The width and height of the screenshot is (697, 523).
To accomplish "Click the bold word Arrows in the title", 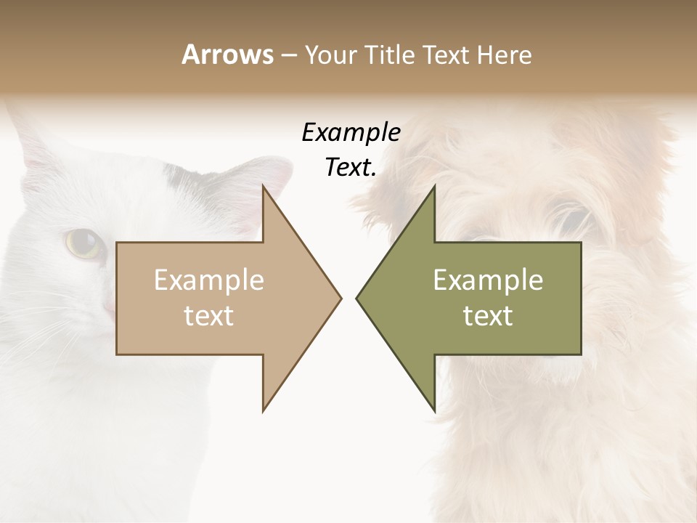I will pyautogui.click(x=227, y=54).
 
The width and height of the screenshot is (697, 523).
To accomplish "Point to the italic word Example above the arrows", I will pyautogui.click(x=351, y=133).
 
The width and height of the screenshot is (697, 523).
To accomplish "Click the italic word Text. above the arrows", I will pyautogui.click(x=351, y=167).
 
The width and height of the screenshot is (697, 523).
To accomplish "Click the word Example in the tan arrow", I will pyautogui.click(x=209, y=280).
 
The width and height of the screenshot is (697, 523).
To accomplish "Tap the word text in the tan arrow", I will pyautogui.click(x=209, y=316).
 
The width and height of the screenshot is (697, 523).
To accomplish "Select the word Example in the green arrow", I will pyautogui.click(x=488, y=280).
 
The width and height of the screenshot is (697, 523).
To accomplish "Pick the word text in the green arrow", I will pyautogui.click(x=488, y=316).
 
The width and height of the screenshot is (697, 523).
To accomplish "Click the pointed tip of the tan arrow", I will pyautogui.click(x=340, y=298).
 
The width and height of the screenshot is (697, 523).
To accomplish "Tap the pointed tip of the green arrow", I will pyautogui.click(x=357, y=298).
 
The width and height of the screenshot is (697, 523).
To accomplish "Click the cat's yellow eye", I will pyautogui.click(x=83, y=243).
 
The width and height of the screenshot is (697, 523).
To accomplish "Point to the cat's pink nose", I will pyautogui.click(x=108, y=308).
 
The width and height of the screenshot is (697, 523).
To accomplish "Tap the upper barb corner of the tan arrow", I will pyautogui.click(x=264, y=187).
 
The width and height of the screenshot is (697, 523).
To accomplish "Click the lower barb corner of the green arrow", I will pyautogui.click(x=434, y=410).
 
